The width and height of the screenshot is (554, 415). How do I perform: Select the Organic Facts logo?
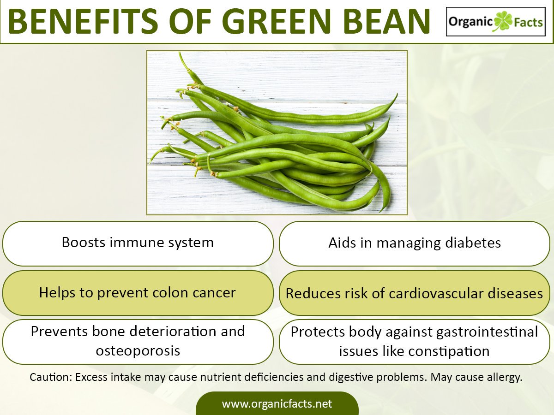point(495,22)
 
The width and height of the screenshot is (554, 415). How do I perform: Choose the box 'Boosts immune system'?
point(138,243)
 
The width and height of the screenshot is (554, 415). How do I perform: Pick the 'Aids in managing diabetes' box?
point(414,243)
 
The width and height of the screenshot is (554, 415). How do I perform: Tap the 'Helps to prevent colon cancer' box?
point(138,293)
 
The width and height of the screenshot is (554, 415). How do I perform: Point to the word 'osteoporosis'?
point(138,351)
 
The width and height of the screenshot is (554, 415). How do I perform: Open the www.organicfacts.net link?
point(277,404)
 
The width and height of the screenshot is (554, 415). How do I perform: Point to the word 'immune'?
point(131,243)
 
